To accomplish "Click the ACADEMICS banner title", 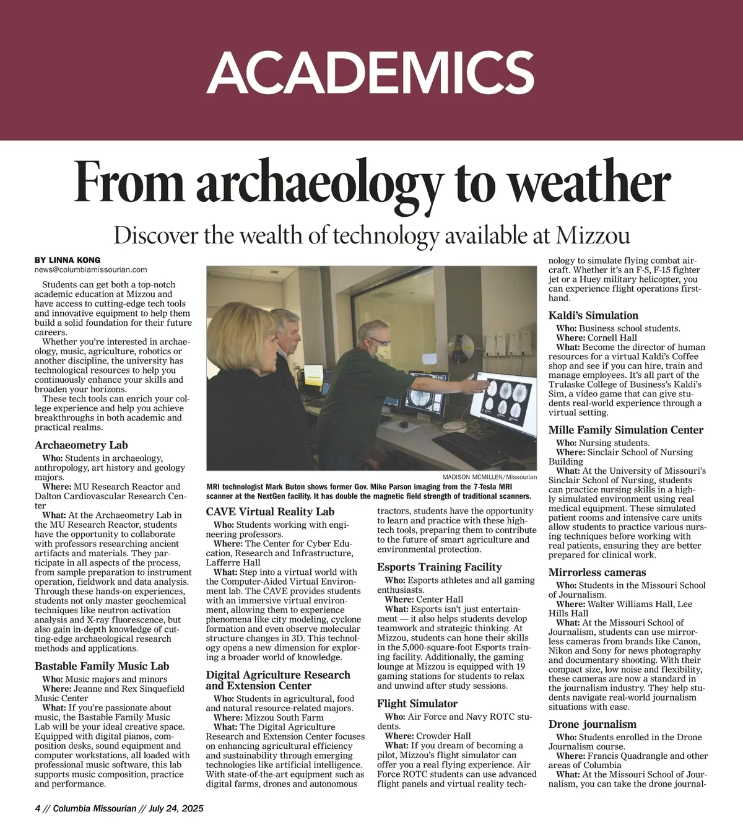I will (371, 72).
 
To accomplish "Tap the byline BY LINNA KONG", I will (67, 260).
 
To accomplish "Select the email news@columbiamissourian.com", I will (91, 270).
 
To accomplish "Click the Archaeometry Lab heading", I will (81, 445).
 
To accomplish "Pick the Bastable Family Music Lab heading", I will (102, 666).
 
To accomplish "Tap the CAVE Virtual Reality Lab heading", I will (270, 512).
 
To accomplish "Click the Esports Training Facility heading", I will (439, 567).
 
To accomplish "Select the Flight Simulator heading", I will (417, 704).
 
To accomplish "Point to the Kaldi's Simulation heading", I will (593, 315).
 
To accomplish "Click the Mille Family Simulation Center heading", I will (626, 430).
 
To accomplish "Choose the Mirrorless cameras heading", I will (597, 572).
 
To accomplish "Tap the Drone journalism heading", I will (592, 724).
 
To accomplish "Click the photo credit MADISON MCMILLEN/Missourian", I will (490, 477).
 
